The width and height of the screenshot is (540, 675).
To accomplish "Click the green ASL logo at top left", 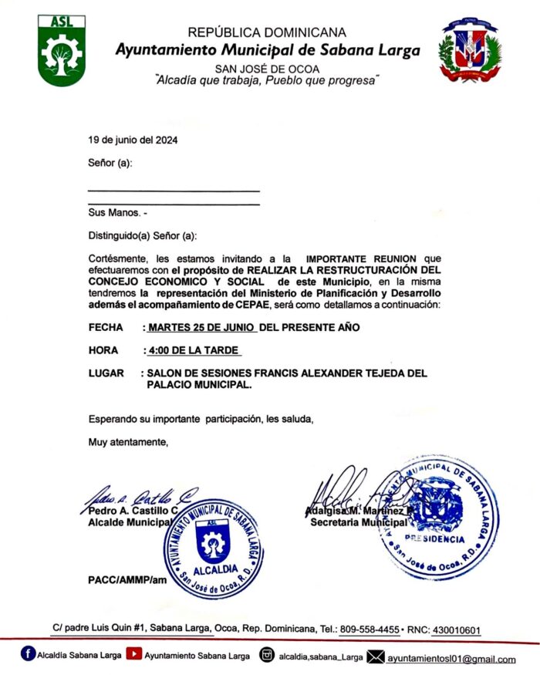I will point(61,50).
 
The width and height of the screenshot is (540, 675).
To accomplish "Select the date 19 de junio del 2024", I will point(133,140).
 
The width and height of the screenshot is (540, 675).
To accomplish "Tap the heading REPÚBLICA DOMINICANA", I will point(267,33).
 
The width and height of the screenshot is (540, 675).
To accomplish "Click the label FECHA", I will point(106,328).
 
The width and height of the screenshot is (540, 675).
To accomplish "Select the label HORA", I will point(104,351).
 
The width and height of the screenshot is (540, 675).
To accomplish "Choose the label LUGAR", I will point(106,373).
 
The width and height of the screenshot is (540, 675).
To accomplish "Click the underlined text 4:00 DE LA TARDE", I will point(194,351).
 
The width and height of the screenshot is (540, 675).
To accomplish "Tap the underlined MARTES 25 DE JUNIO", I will point(202,328).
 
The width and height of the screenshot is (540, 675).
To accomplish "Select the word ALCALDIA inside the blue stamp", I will point(211,570).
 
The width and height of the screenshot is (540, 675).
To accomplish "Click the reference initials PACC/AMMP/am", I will point(127,579).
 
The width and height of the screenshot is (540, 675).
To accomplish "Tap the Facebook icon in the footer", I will point(29,656).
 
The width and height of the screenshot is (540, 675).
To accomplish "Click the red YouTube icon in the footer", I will point(133,656).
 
